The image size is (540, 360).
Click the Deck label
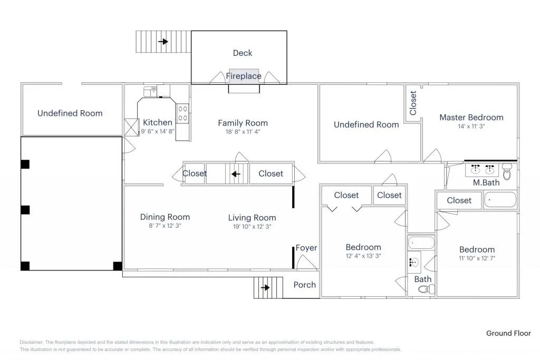(243, 53)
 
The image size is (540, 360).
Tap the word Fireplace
(244, 76)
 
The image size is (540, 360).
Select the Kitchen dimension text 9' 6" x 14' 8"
(158, 131)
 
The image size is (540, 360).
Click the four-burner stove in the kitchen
(182, 113)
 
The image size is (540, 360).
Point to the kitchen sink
(150, 92)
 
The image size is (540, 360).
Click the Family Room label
(243, 123)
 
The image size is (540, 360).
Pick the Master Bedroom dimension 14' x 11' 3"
(471, 127)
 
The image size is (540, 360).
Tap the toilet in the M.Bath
(507, 172)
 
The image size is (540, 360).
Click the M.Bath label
(486, 183)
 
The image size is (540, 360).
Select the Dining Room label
(165, 217)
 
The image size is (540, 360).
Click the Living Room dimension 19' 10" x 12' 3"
(252, 227)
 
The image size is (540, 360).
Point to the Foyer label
(306, 248)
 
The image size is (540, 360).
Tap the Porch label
(304, 285)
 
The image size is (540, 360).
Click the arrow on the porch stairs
(265, 287)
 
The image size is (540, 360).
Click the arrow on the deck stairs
(163, 42)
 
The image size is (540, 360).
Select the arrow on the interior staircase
(236, 174)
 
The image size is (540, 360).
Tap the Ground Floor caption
(508, 333)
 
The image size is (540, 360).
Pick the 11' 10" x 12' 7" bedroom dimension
(477, 258)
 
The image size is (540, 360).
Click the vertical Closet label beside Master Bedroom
(413, 103)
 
